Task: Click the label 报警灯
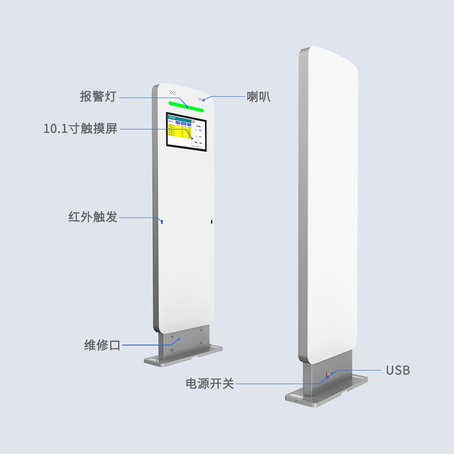point(99,96)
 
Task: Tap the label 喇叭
point(259,96)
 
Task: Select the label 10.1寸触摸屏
point(80,128)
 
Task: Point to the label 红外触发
point(93,217)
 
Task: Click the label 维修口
point(102,345)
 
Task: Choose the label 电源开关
point(210,383)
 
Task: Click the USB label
point(398,370)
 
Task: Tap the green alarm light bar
point(186,105)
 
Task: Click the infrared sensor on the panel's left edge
point(161,222)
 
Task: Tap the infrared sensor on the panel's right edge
point(212,222)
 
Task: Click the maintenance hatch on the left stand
point(187,343)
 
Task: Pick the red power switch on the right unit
point(327,375)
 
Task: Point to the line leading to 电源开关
point(277,384)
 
